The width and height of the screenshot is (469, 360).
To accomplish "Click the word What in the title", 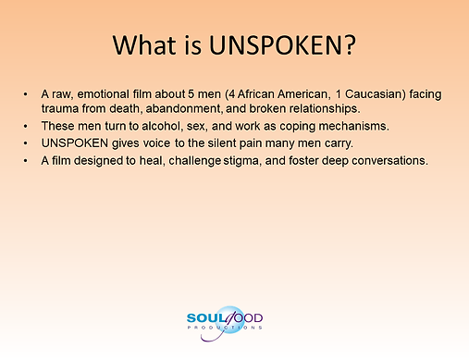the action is (x=144, y=45).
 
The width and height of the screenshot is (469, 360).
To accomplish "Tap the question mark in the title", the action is (x=350, y=45).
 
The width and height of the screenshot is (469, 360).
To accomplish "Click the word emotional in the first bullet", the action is (x=103, y=94).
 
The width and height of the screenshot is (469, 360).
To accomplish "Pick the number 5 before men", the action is (x=191, y=94).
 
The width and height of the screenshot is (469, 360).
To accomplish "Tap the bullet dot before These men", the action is (x=25, y=126).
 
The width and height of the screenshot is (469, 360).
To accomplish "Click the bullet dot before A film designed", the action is (x=25, y=161).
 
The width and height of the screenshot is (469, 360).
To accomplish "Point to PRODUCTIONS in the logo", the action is (x=225, y=328).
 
